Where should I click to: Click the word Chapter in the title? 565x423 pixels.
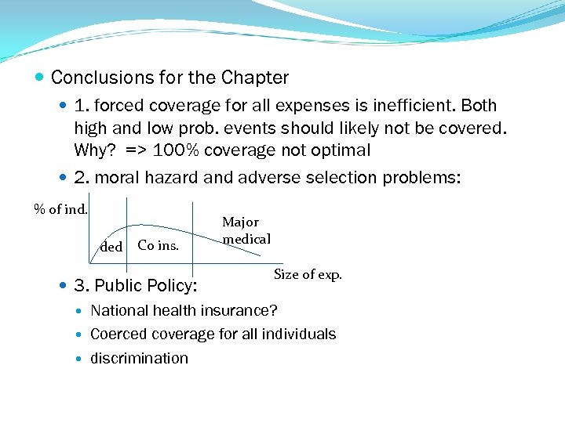click(x=255, y=78)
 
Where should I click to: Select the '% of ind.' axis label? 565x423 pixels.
click(x=60, y=208)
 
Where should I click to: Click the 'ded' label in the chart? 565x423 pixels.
click(x=111, y=247)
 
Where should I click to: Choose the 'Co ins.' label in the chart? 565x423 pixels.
click(x=158, y=245)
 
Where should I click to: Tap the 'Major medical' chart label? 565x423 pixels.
click(x=246, y=231)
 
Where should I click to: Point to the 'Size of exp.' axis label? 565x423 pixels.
click(x=308, y=274)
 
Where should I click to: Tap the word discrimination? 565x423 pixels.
click(x=140, y=358)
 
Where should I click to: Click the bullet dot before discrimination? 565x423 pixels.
click(x=82, y=359)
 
